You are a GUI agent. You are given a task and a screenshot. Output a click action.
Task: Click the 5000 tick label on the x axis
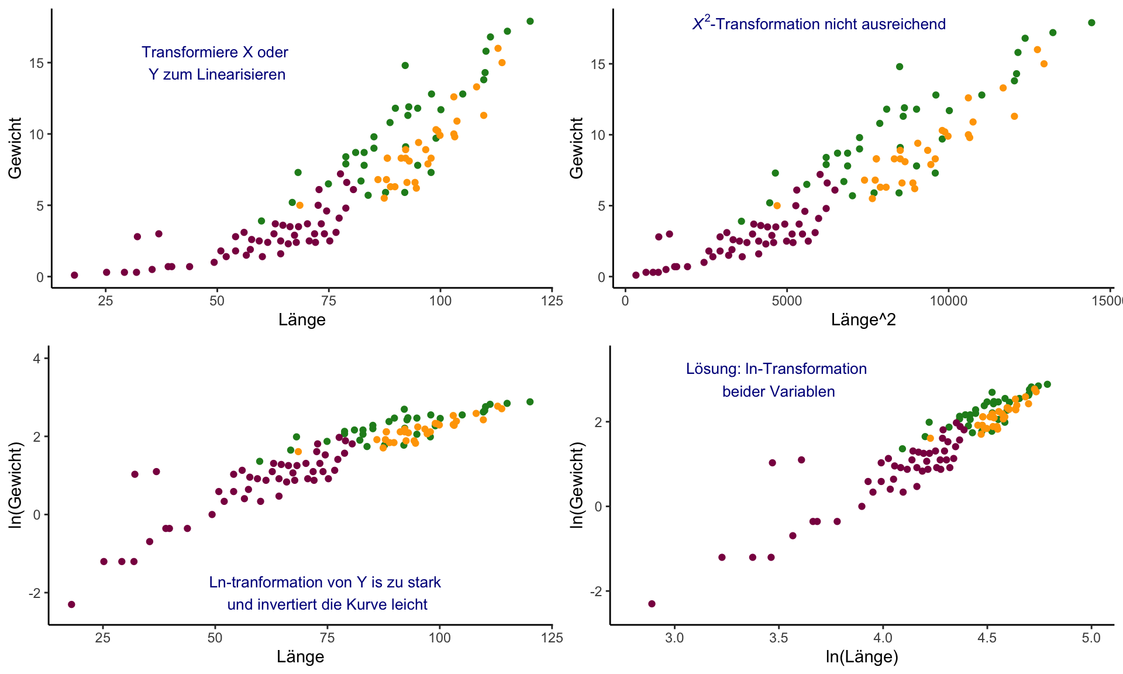pyautogui.click(x=787, y=301)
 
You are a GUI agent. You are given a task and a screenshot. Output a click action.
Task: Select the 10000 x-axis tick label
pyautogui.click(x=948, y=301)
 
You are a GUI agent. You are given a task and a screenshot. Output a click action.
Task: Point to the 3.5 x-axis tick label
pyautogui.click(x=778, y=638)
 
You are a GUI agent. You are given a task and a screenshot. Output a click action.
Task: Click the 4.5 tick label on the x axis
pyautogui.click(x=987, y=638)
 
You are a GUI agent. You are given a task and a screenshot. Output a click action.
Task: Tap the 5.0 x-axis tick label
pyautogui.click(x=1091, y=638)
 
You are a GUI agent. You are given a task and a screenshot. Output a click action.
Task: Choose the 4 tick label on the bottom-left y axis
pyautogui.click(x=37, y=359)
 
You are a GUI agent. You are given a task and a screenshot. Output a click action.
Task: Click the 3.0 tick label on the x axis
pyautogui.click(x=674, y=638)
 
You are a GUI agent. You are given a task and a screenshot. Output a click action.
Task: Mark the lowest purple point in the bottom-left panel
pyautogui.click(x=71, y=604)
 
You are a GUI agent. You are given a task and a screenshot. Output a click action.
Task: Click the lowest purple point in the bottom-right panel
pyautogui.click(x=652, y=604)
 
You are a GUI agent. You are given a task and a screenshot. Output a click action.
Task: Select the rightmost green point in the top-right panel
pyautogui.click(x=1091, y=23)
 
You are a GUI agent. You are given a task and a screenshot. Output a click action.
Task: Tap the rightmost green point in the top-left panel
pyautogui.click(x=530, y=22)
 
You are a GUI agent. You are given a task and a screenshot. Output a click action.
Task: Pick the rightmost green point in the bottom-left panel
pyautogui.click(x=530, y=402)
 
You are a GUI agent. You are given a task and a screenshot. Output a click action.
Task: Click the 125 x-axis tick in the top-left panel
pyautogui.click(x=552, y=301)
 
